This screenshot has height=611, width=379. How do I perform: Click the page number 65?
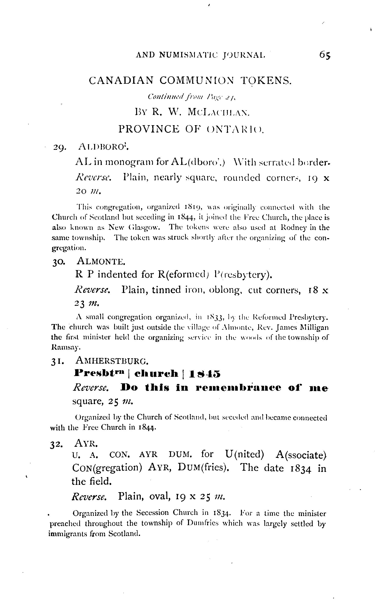pyautogui.click(x=325, y=55)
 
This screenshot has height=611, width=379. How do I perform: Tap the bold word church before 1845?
pyautogui.click(x=156, y=374)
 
